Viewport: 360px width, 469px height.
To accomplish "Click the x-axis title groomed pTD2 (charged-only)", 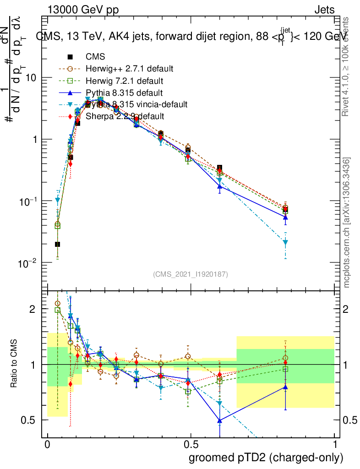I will [x=266, y=457].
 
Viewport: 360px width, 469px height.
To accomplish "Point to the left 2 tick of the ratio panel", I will [x=33, y=309].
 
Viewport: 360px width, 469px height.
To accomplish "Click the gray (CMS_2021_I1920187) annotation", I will [x=191, y=274].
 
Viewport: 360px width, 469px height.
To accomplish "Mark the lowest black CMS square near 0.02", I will [x=57, y=244].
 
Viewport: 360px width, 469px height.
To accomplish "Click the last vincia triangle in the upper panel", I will [x=285, y=242].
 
